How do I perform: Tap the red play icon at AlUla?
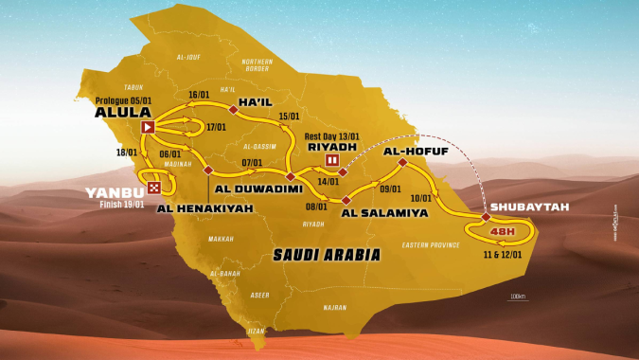tap(147, 127)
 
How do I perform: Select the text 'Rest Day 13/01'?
tap(335, 135)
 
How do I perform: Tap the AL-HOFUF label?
tap(416, 150)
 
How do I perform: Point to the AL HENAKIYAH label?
tap(200, 207)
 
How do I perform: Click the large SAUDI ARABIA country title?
tap(325, 254)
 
